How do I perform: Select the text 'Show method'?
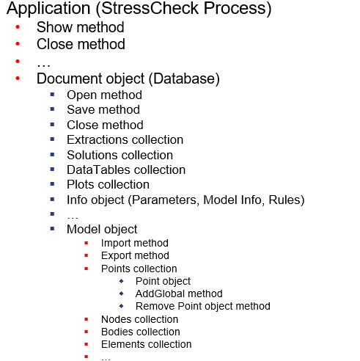(x=80, y=28)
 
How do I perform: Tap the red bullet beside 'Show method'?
(x=18, y=27)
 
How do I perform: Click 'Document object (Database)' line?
(x=128, y=79)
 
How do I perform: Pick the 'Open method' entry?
(x=104, y=95)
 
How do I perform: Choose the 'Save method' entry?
(x=103, y=110)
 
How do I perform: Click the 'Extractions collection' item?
(x=125, y=139)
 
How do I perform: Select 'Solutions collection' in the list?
(x=120, y=155)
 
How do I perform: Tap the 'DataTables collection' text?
(x=125, y=169)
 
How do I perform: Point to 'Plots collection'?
(x=108, y=184)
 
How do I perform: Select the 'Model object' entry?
(x=102, y=229)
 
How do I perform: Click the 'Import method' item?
(x=135, y=243)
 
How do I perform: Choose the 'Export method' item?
(x=135, y=255)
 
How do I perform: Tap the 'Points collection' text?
(x=139, y=269)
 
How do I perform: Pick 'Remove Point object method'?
(x=203, y=306)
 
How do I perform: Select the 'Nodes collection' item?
(x=139, y=319)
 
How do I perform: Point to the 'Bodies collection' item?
(x=140, y=332)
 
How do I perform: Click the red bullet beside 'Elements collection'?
(x=87, y=344)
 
